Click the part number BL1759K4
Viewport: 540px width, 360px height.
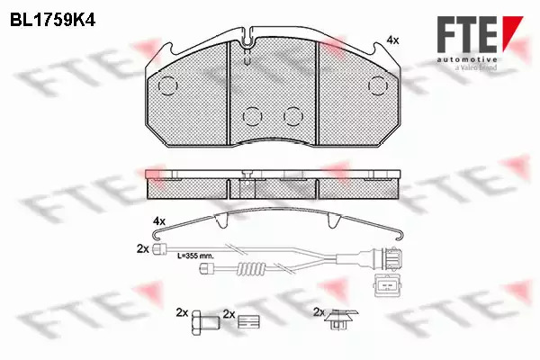[52, 21]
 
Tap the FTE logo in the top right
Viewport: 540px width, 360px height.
[480, 34]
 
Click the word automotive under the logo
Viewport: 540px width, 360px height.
[467, 60]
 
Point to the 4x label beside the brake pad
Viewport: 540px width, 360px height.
[392, 40]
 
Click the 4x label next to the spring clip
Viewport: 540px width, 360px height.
[159, 220]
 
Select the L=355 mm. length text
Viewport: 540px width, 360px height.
[195, 256]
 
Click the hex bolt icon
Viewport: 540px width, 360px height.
[205, 322]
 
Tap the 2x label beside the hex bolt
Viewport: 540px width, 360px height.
[182, 312]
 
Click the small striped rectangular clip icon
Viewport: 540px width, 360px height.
[248, 322]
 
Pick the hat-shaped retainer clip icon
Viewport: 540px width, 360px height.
[341, 319]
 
